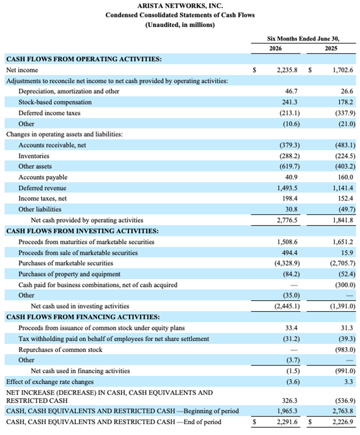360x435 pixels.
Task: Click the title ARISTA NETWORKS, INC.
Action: tap(180, 6)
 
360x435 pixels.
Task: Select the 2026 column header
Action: tap(275, 48)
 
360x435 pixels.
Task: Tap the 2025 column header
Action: tap(331, 48)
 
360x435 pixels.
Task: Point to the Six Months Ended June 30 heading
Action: tap(303, 39)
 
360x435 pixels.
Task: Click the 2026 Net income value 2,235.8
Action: tap(287, 70)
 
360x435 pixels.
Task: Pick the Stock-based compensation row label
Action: tap(55, 102)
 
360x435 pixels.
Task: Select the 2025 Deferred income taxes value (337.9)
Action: tap(345, 113)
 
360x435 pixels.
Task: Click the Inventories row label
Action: tap(34, 156)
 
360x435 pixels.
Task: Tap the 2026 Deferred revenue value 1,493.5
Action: tap(287, 188)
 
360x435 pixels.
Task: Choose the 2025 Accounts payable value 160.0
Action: tap(346, 177)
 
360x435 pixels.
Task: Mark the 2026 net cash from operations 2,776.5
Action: tap(287, 220)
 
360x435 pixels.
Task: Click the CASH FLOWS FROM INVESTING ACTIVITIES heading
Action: tap(82, 231)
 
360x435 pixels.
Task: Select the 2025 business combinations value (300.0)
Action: tap(345, 285)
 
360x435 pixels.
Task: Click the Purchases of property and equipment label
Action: tap(69, 274)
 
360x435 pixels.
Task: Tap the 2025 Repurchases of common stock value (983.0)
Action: tap(345, 350)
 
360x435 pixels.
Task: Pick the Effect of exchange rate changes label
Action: tap(50, 382)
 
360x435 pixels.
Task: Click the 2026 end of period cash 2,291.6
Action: tap(287, 422)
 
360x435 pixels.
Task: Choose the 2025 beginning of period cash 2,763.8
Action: tap(343, 411)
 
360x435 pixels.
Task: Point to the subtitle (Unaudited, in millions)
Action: tap(180, 25)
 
